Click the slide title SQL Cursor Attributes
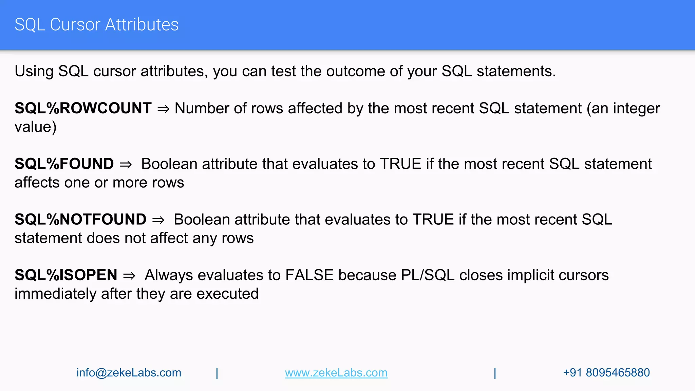tap(96, 25)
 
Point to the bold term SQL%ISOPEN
tap(66, 275)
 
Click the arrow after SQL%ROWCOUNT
tap(163, 109)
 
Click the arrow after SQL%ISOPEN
tap(129, 276)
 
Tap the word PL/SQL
tap(427, 275)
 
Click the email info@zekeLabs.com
tap(129, 373)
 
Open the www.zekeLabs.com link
tap(336, 373)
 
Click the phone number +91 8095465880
tap(606, 373)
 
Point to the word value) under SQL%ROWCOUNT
tap(35, 127)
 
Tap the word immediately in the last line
tap(55, 294)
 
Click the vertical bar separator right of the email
tap(217, 373)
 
